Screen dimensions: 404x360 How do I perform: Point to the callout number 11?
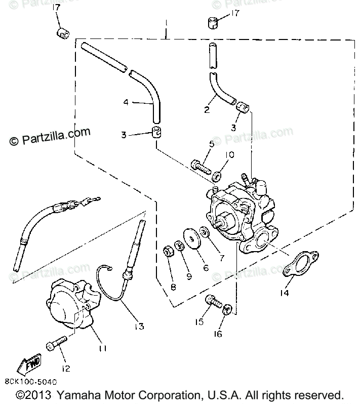[x=103, y=348]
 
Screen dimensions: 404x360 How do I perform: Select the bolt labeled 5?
[x=201, y=166]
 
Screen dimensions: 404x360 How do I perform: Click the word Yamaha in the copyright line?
[x=78, y=395]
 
